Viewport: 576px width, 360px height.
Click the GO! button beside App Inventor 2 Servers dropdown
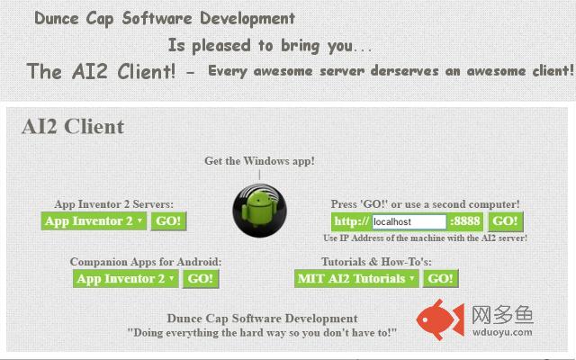168,221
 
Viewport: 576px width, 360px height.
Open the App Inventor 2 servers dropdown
94,221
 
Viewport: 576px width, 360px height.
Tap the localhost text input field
409,221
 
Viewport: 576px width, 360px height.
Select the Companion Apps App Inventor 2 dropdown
126,279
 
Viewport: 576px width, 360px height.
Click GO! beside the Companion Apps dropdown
201,279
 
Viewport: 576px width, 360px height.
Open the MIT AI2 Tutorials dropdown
356,279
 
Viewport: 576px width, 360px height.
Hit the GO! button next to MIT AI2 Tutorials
440,279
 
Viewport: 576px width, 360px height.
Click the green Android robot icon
260,211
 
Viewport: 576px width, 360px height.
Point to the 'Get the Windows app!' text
259,161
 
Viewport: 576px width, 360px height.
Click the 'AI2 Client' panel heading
73,127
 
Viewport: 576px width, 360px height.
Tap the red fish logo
440,319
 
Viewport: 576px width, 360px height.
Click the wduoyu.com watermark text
502,332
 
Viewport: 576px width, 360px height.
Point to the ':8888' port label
465,221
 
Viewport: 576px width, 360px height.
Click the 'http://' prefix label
352,221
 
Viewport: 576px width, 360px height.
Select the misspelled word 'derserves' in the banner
404,70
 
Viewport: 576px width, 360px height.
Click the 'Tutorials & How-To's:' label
376,262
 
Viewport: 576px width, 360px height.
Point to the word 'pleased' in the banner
221,46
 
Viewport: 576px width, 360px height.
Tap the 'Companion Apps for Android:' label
146,262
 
